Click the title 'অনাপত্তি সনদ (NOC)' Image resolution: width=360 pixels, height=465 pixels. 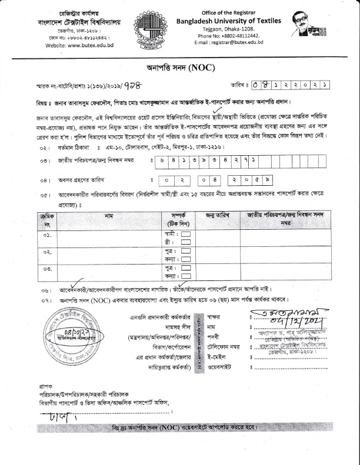[179, 68]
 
